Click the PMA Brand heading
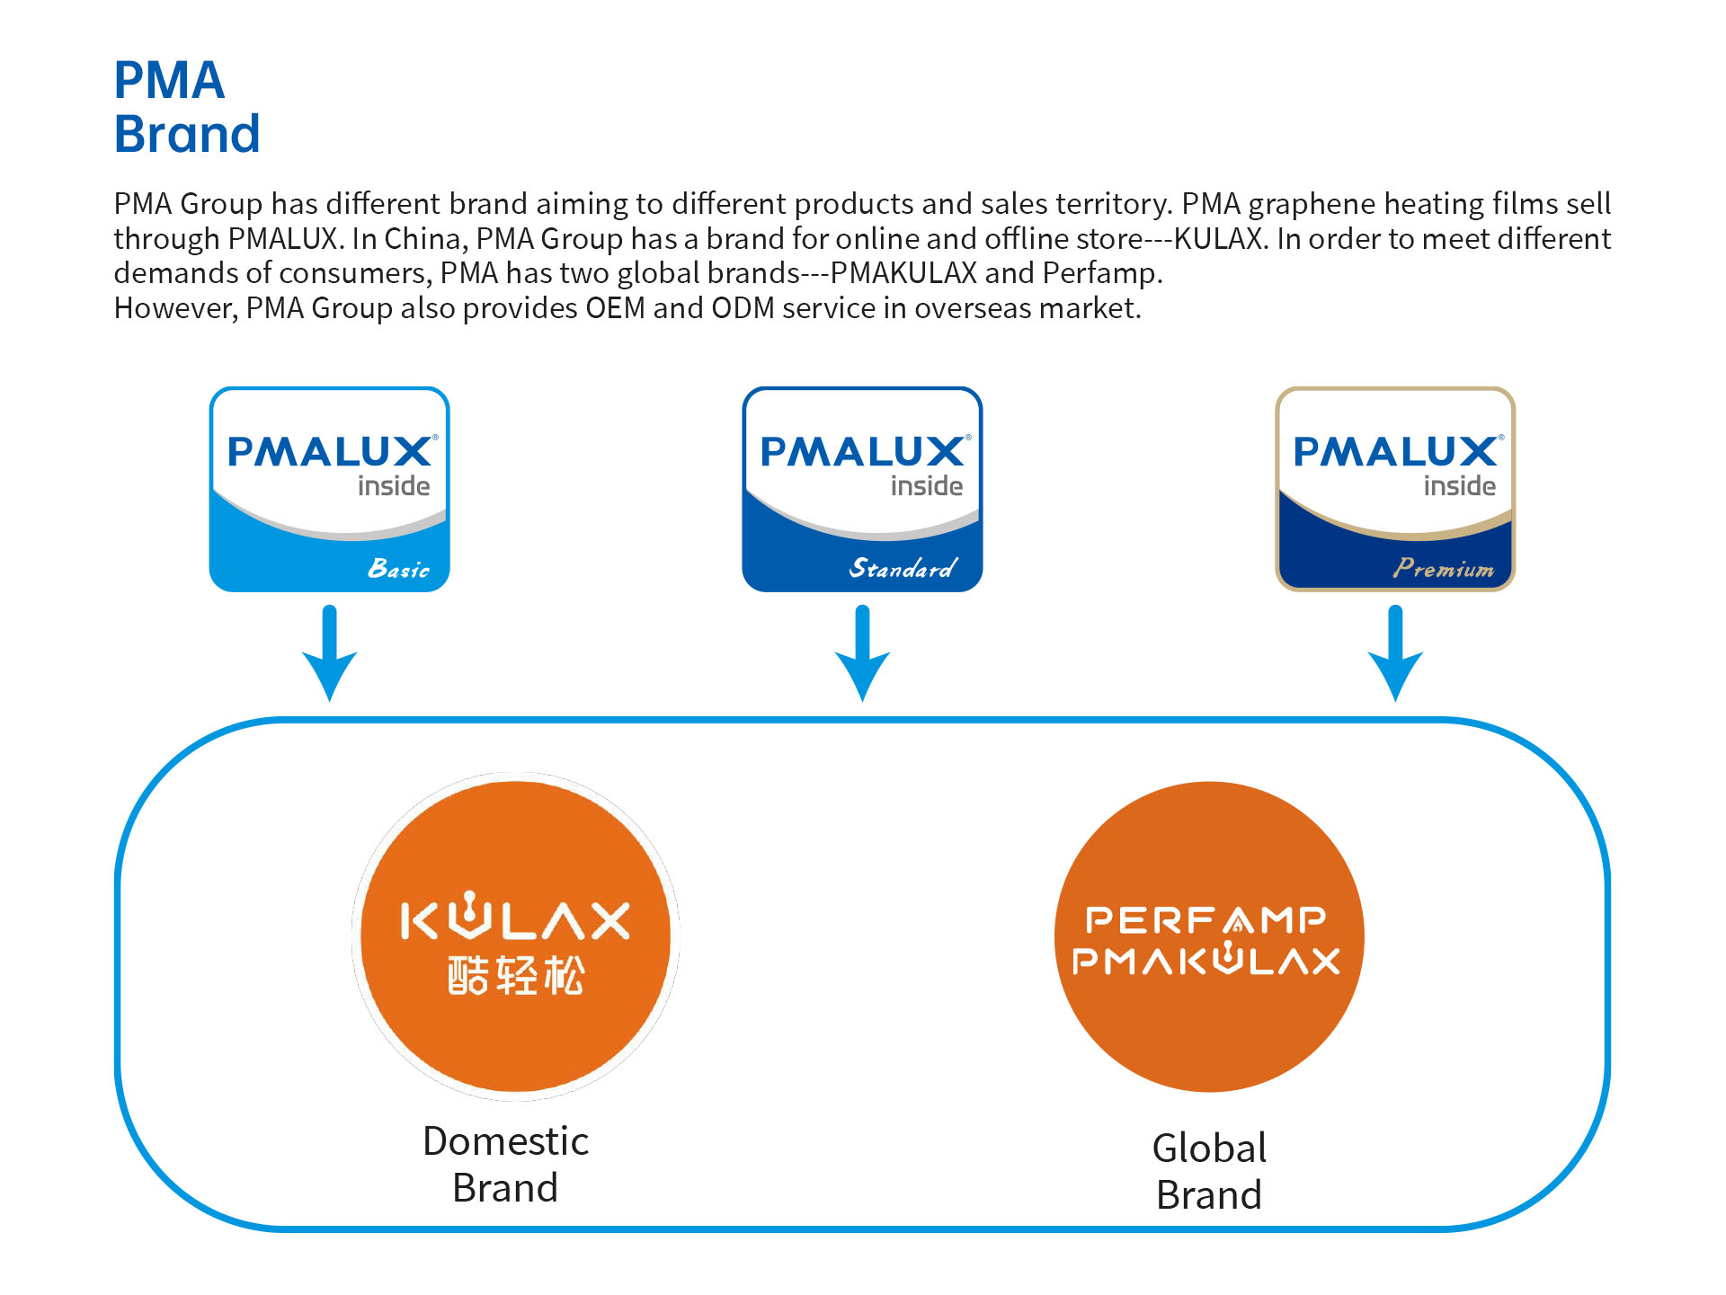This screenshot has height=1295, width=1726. click(x=187, y=107)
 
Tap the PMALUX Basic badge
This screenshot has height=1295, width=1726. click(x=329, y=489)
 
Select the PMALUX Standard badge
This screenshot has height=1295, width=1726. click(x=862, y=489)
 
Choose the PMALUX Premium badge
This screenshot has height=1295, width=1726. click(x=1395, y=489)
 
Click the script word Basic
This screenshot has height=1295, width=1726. click(x=398, y=568)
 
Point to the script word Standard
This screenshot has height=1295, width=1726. click(x=903, y=568)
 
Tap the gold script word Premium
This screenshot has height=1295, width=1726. click(x=1444, y=568)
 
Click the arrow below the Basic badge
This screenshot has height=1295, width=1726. click(x=330, y=653)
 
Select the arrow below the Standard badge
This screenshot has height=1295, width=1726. click(x=863, y=653)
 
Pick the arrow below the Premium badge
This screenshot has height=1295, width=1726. click(x=1395, y=653)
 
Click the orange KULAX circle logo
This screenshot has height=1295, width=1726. click(x=515, y=936)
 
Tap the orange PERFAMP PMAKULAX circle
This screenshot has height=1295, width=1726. click(x=1209, y=936)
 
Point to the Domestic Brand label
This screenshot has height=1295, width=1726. click(x=505, y=1165)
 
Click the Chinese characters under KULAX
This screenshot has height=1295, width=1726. click(x=516, y=975)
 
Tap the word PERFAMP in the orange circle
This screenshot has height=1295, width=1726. click(x=1206, y=919)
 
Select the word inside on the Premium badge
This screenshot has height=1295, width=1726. click(x=1459, y=486)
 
